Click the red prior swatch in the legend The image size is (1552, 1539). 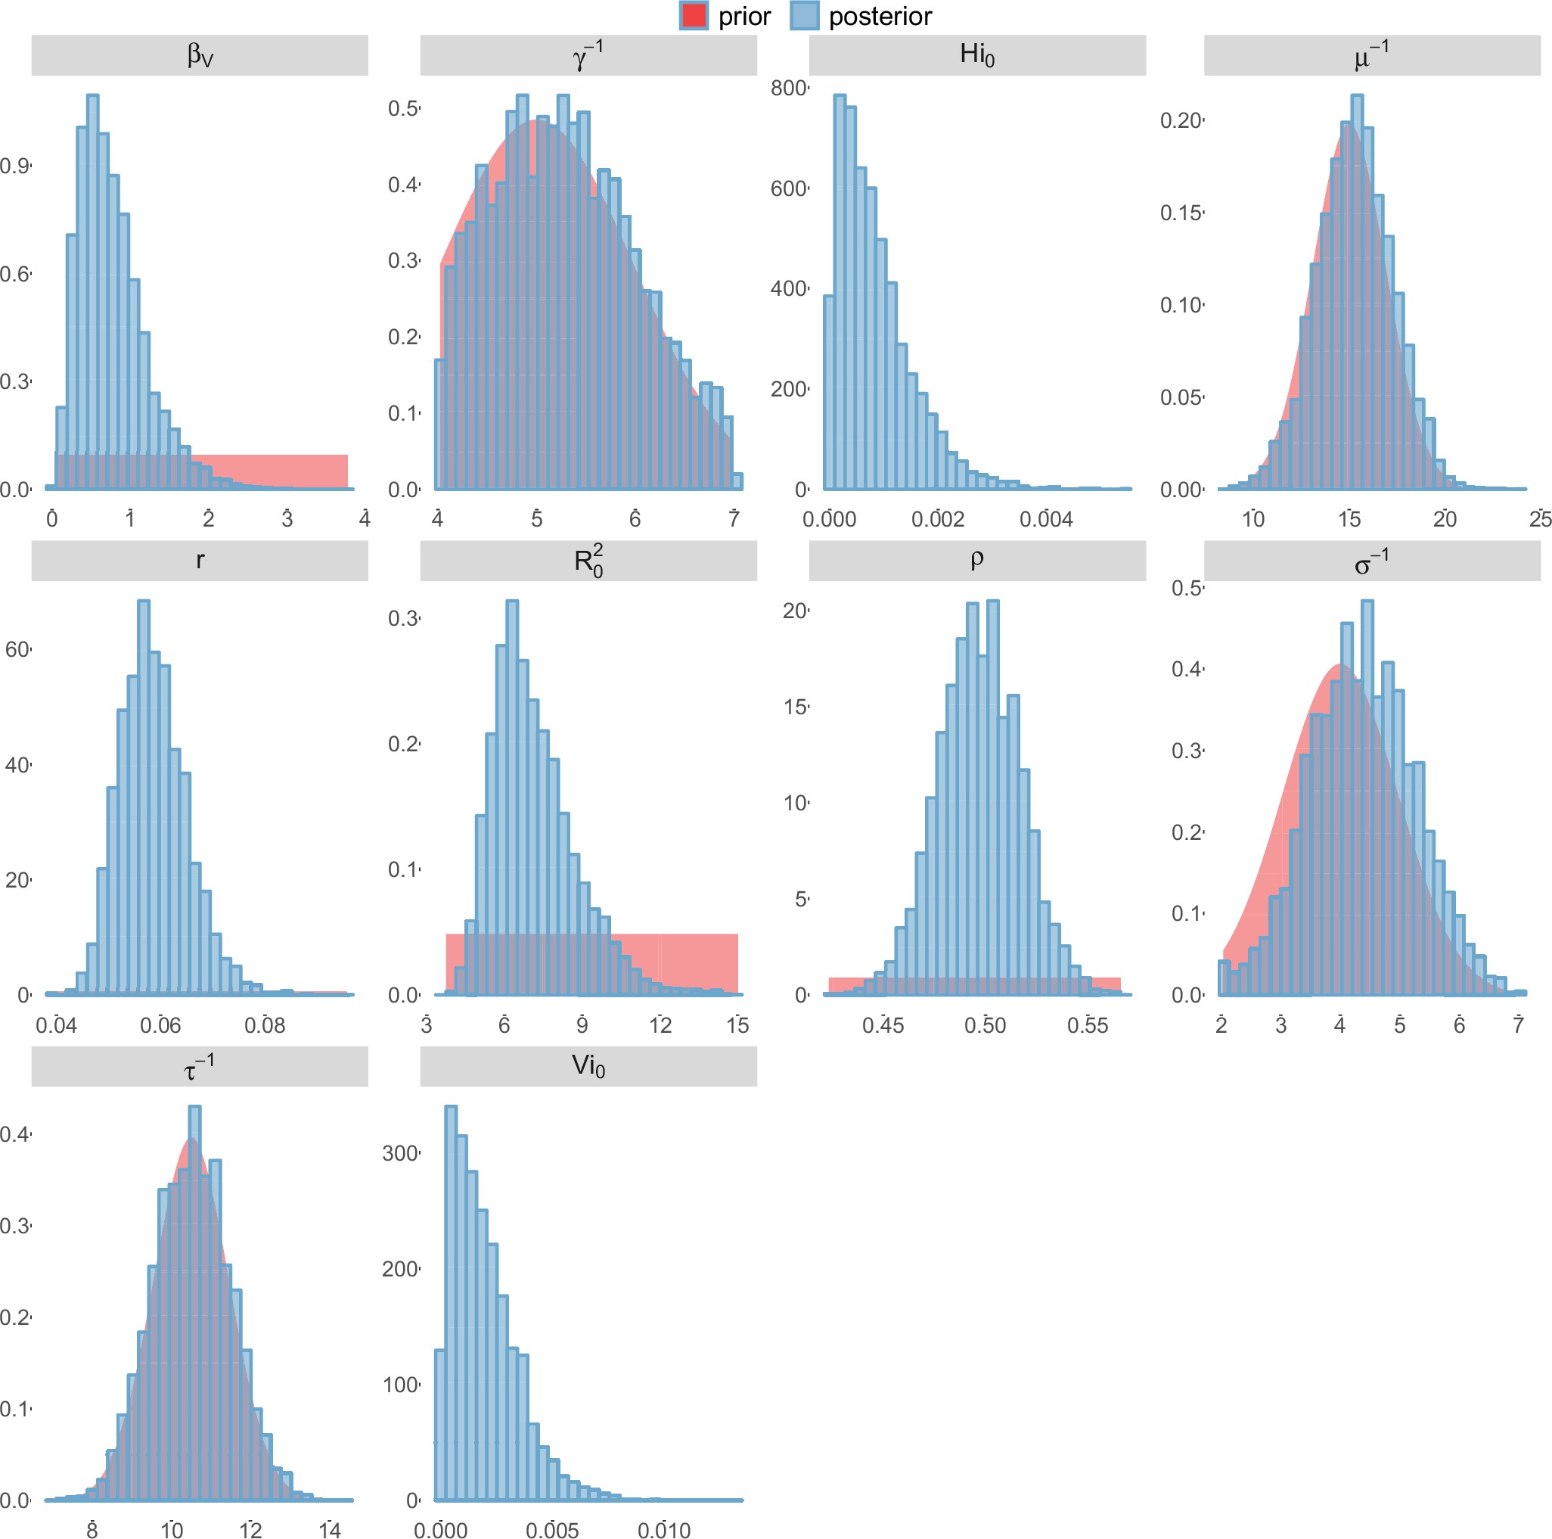click(694, 16)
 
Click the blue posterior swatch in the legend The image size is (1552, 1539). click(803, 16)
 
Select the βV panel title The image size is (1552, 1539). click(199, 55)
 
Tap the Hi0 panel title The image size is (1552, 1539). click(977, 55)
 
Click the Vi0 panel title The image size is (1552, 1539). click(588, 1066)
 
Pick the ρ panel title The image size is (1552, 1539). click(977, 560)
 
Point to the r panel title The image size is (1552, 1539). click(199, 560)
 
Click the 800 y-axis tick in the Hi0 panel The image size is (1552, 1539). click(788, 89)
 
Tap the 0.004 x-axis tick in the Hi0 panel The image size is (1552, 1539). click(1046, 520)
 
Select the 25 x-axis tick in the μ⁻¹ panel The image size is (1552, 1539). click(1539, 520)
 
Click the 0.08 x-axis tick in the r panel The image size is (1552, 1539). click(264, 1025)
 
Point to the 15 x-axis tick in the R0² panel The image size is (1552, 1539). click(737, 1025)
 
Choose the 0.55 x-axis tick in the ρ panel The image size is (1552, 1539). click(1087, 1025)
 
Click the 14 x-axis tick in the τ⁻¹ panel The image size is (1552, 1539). click(329, 1530)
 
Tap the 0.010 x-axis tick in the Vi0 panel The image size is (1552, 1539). click(663, 1530)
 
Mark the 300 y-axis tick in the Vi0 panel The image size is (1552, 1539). click(399, 1153)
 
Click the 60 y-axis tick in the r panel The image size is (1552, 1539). click(17, 649)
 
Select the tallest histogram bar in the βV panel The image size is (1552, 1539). click(92, 289)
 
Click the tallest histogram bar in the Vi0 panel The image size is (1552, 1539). click(451, 1302)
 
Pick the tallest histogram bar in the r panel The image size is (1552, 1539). click(144, 796)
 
